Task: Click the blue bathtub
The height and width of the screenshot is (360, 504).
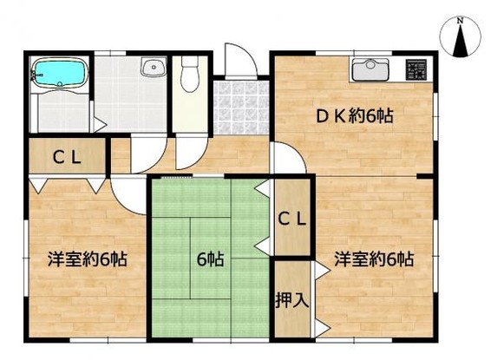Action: pyautogui.click(x=60, y=73)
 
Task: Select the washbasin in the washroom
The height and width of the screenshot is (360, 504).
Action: pyautogui.click(x=154, y=68)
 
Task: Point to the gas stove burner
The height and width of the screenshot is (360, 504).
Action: pyautogui.click(x=416, y=69)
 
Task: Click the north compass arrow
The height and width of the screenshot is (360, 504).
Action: pyautogui.click(x=461, y=41)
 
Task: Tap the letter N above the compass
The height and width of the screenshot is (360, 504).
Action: pyautogui.click(x=461, y=21)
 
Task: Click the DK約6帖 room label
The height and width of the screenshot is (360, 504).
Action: pyautogui.click(x=355, y=116)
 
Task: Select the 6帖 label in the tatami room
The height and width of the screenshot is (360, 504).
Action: pyautogui.click(x=210, y=259)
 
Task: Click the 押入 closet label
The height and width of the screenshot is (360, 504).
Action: pyautogui.click(x=292, y=300)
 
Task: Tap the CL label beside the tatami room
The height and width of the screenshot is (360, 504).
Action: pyautogui.click(x=291, y=219)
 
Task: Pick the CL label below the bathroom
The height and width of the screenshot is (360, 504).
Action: pyautogui.click(x=67, y=158)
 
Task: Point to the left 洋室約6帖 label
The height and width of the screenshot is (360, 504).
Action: pyautogui.click(x=88, y=259)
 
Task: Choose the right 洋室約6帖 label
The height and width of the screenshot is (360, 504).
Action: pyautogui.click(x=374, y=259)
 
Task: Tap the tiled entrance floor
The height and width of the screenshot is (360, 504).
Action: pyautogui.click(x=241, y=108)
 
